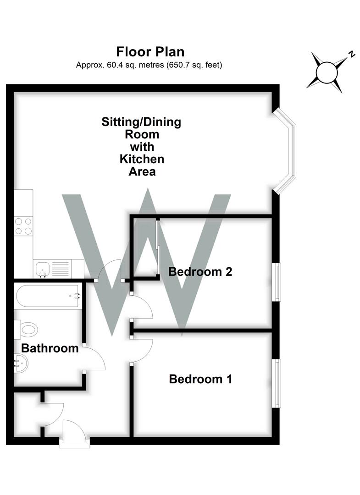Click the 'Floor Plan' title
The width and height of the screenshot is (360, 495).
coord(150,51)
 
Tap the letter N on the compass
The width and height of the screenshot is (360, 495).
coord(352,54)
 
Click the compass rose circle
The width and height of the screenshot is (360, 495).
coord(327,72)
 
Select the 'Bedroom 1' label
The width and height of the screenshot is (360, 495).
coord(200,379)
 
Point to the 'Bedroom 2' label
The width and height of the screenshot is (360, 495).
coord(200,272)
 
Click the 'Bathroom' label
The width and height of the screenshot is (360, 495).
coord(50,348)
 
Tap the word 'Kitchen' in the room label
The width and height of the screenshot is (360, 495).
coord(142,159)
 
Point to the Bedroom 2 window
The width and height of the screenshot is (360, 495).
coord(277,282)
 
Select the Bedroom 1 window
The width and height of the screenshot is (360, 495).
coord(277,383)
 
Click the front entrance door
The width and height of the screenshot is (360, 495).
coord(73,432)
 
